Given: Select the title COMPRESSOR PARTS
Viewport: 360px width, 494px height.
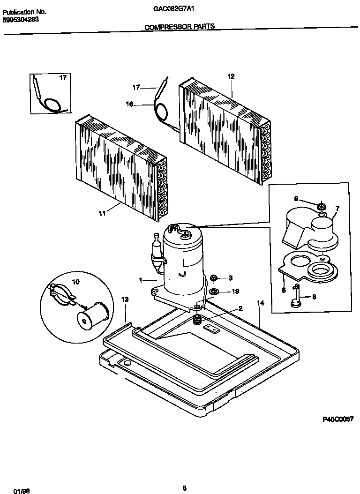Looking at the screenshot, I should [180, 27].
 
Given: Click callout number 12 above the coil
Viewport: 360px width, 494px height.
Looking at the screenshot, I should [231, 76].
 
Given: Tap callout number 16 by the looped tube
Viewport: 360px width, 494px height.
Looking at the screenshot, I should [129, 105].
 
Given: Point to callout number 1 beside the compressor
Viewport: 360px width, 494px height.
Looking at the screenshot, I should [140, 280].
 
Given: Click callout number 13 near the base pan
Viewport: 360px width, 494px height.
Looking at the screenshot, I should [125, 299].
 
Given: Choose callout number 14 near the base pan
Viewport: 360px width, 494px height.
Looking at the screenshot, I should [261, 303].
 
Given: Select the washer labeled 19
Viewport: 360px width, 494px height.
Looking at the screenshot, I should [213, 292].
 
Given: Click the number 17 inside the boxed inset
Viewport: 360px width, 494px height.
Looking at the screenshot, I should [62, 78].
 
